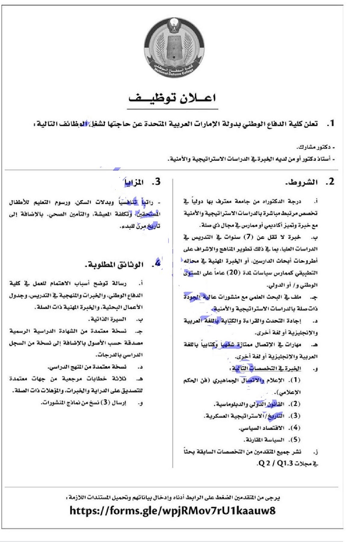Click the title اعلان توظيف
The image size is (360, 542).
pyautogui.click(x=173, y=98)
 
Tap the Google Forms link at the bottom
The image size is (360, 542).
pyautogui.click(x=172, y=510)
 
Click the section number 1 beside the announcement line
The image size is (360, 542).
pyautogui.click(x=330, y=124)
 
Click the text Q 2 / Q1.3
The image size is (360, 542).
pyautogui.click(x=272, y=464)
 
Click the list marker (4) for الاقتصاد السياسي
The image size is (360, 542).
pyautogui.click(x=295, y=428)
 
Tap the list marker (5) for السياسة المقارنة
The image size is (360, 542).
pyautogui.click(x=295, y=440)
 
